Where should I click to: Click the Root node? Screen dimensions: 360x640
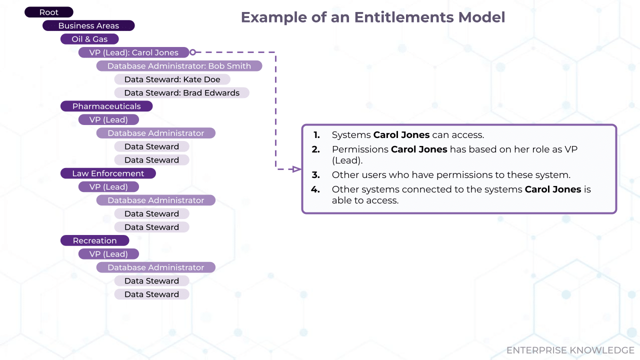[49, 12]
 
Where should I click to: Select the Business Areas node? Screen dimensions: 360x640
[88, 26]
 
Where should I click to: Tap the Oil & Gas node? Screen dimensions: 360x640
[89, 39]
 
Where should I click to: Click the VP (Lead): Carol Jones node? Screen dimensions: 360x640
[133, 52]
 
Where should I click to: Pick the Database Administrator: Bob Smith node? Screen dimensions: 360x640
[179, 66]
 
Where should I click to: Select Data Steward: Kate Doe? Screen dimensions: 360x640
[172, 79]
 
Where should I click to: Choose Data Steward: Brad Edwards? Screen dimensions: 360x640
[181, 93]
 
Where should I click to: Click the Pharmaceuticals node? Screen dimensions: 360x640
[106, 106]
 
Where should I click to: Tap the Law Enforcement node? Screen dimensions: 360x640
[108, 173]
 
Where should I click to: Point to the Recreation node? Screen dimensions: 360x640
[94, 241]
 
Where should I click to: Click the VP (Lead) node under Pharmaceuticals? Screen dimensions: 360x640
[108, 120]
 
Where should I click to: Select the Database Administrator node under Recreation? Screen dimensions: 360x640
[155, 267]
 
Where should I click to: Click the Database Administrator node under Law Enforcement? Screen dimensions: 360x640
[155, 200]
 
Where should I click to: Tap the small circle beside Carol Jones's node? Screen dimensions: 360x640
[192, 52]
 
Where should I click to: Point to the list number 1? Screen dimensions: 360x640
[316, 135]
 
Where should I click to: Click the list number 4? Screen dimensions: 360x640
[315, 189]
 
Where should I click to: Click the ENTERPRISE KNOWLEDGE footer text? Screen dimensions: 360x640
[570, 350]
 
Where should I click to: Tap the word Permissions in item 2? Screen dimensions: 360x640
[360, 149]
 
